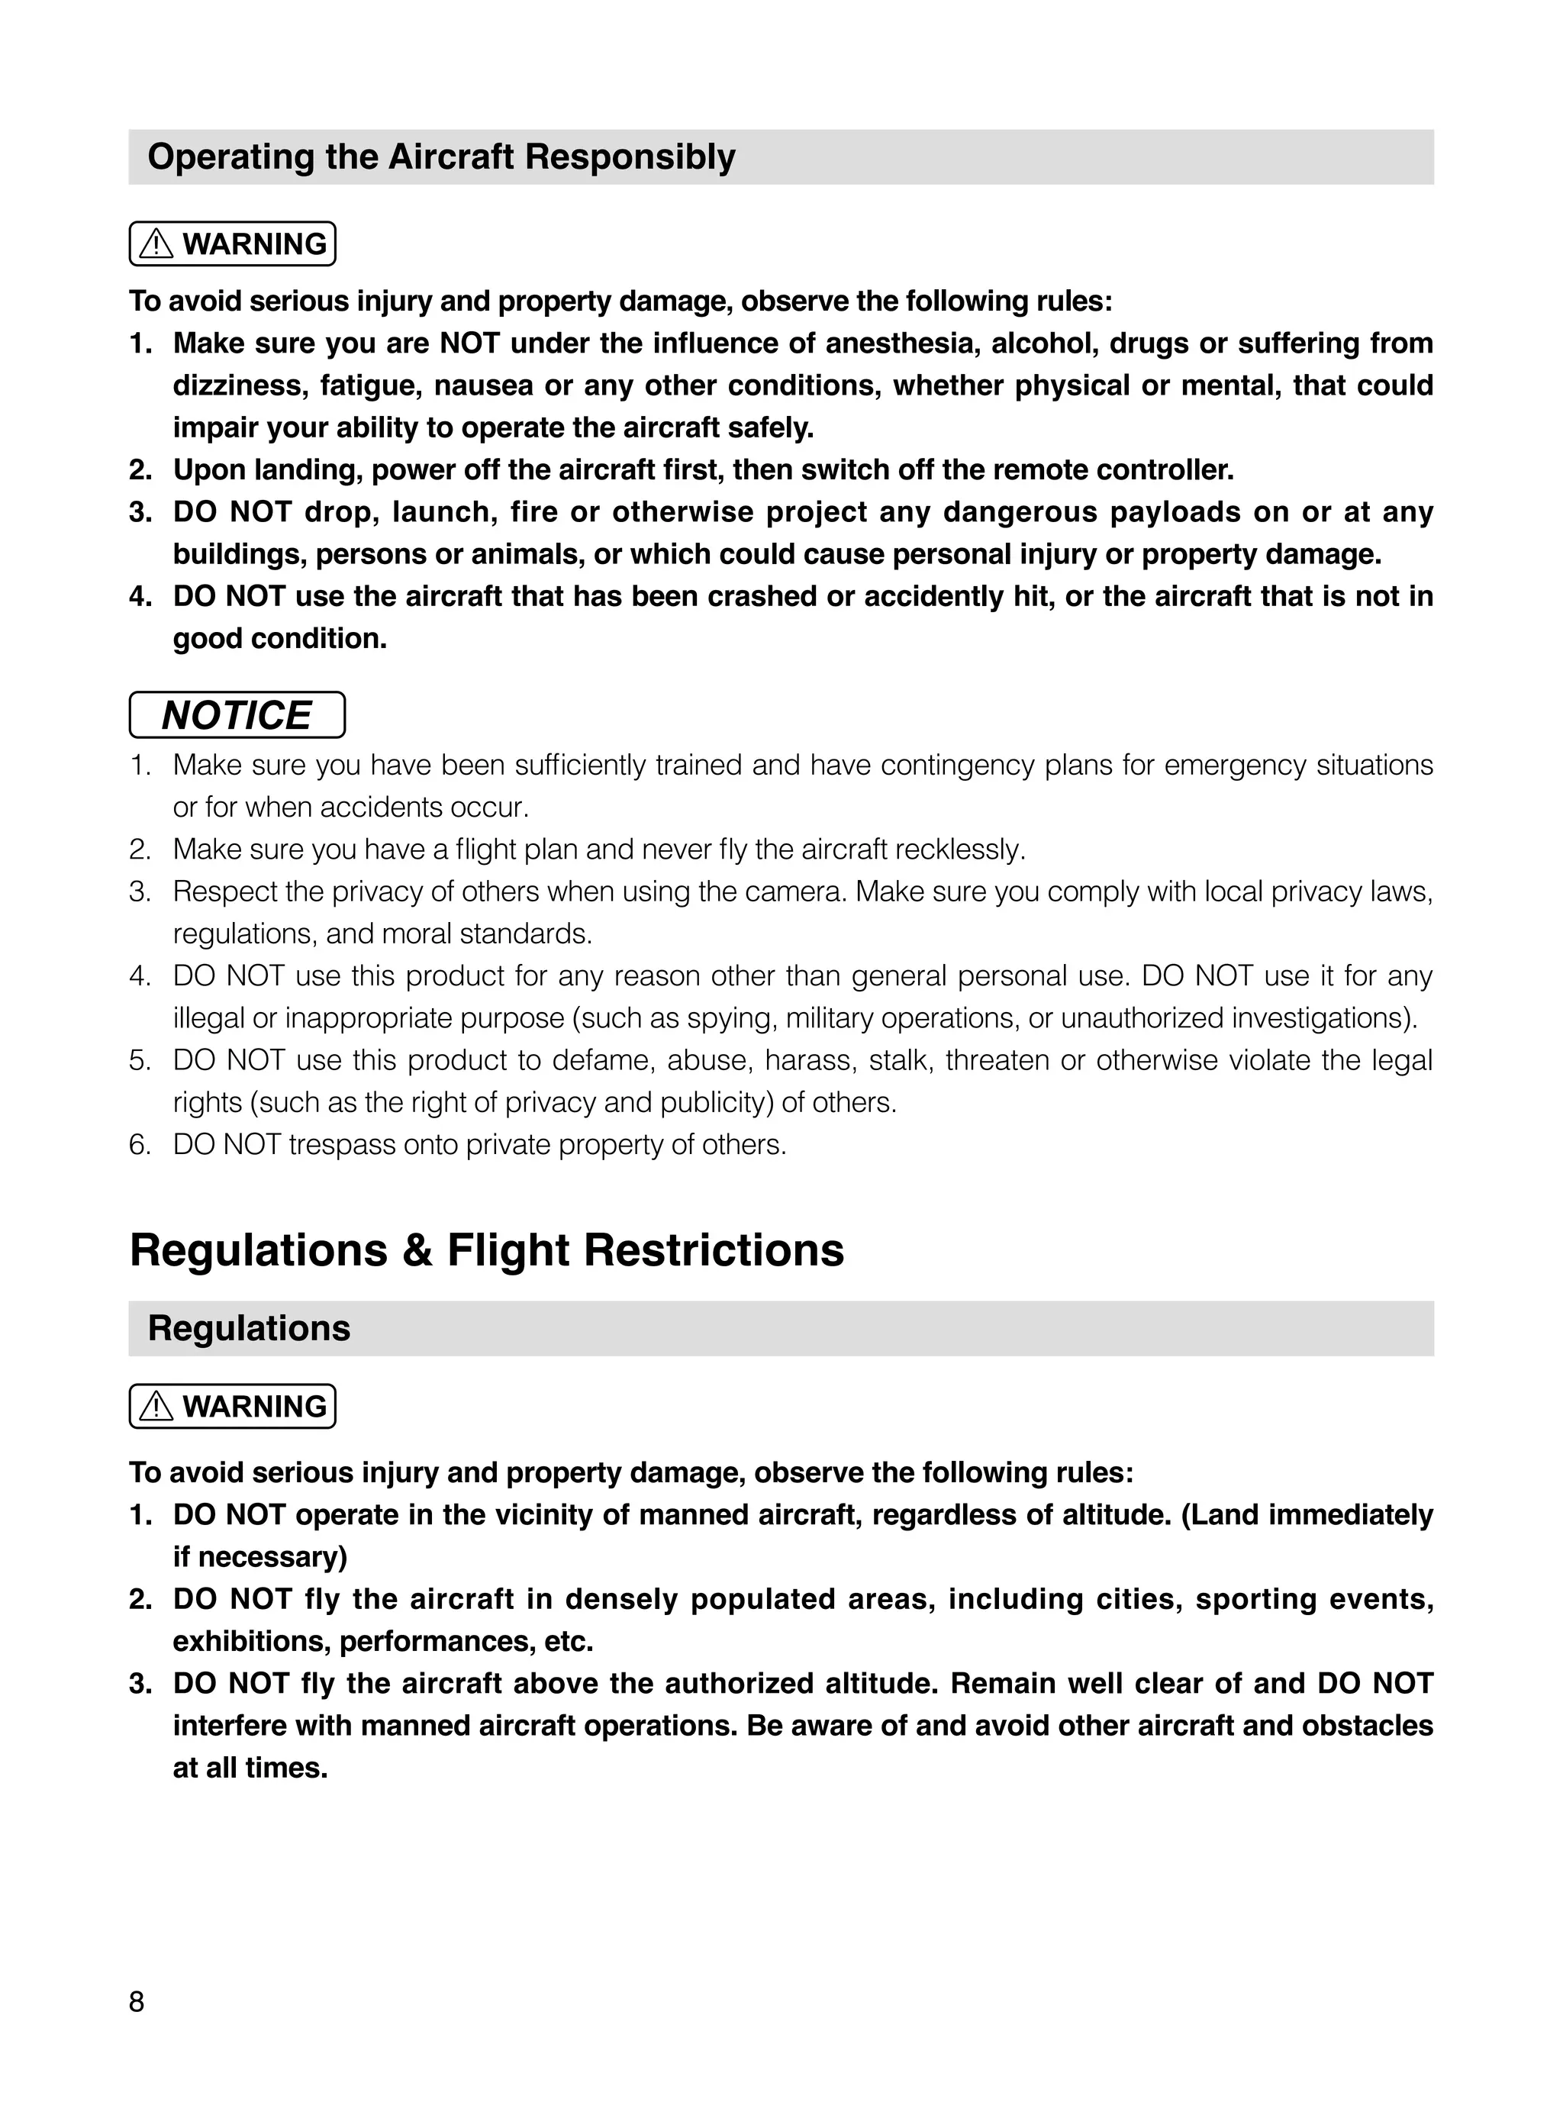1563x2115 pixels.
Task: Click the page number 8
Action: coord(137,2001)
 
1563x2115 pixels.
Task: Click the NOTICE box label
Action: coord(237,715)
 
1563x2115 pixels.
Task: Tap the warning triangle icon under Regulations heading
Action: coord(156,1407)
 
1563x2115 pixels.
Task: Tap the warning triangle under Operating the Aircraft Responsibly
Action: coord(156,244)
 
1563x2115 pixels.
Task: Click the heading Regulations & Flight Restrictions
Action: coord(486,1249)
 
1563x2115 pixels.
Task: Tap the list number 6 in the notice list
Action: coord(139,1145)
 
